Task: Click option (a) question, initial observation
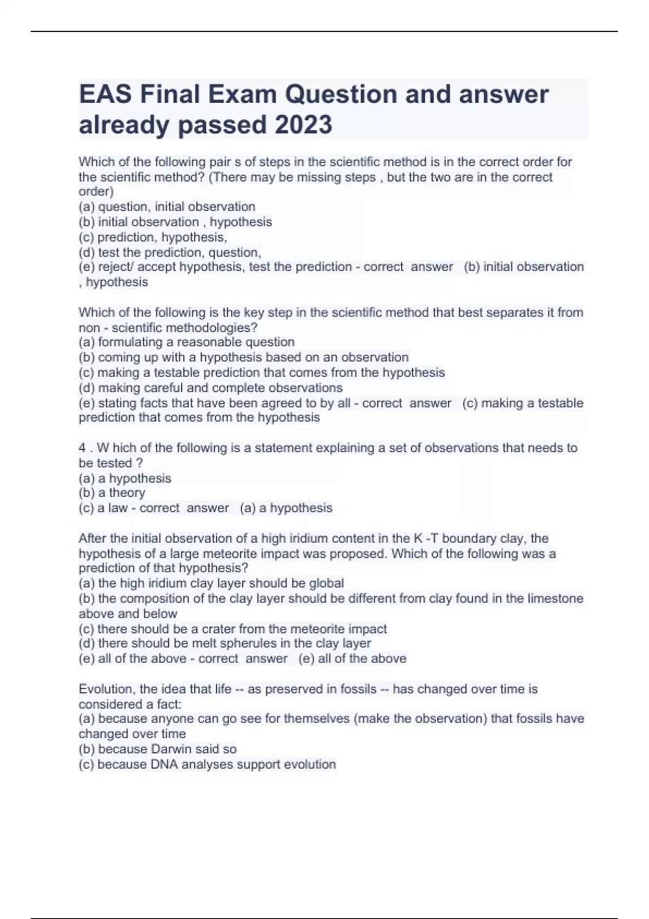pos(167,207)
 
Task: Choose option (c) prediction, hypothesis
pos(153,237)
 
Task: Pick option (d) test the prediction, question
pos(170,252)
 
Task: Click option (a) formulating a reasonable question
pos(187,342)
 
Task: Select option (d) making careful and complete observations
pos(210,388)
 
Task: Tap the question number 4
pos(82,448)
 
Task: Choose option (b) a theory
pos(112,492)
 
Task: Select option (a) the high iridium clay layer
pos(211,583)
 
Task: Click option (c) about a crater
pos(233,629)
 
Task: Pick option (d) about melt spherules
pos(224,643)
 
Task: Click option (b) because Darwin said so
pos(157,749)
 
